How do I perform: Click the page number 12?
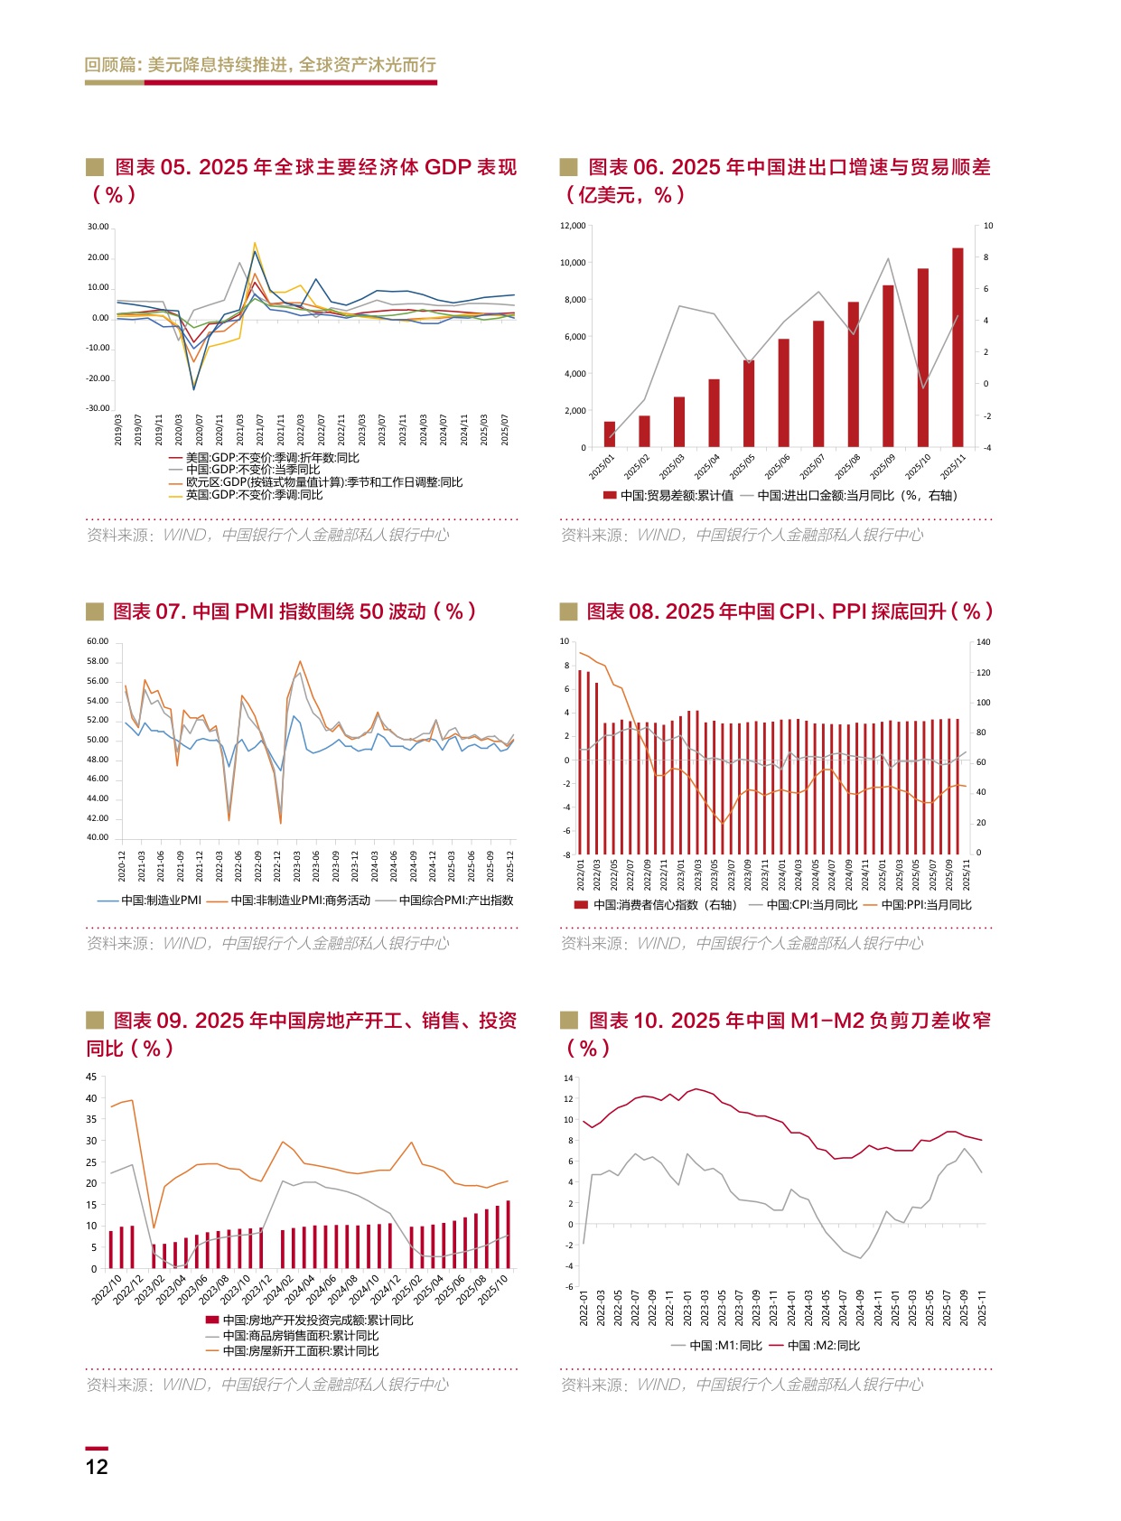(x=97, y=1467)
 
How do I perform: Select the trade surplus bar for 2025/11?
(x=958, y=347)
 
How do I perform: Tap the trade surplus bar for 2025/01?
(x=609, y=434)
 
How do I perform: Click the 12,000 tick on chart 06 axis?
(x=573, y=226)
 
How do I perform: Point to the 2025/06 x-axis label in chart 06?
(x=777, y=467)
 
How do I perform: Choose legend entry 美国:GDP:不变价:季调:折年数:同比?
(x=272, y=458)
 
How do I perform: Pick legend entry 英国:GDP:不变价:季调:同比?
(x=253, y=495)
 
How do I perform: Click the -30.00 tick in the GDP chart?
(x=98, y=408)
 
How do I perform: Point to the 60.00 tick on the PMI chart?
(x=98, y=641)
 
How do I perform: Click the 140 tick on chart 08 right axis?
(x=984, y=642)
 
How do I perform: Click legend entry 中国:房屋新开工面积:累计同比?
(x=300, y=1351)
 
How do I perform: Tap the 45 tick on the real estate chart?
(x=91, y=1077)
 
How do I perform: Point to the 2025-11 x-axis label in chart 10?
(x=982, y=1309)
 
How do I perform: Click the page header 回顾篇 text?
(x=260, y=65)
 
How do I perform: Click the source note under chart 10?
(x=742, y=1385)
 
